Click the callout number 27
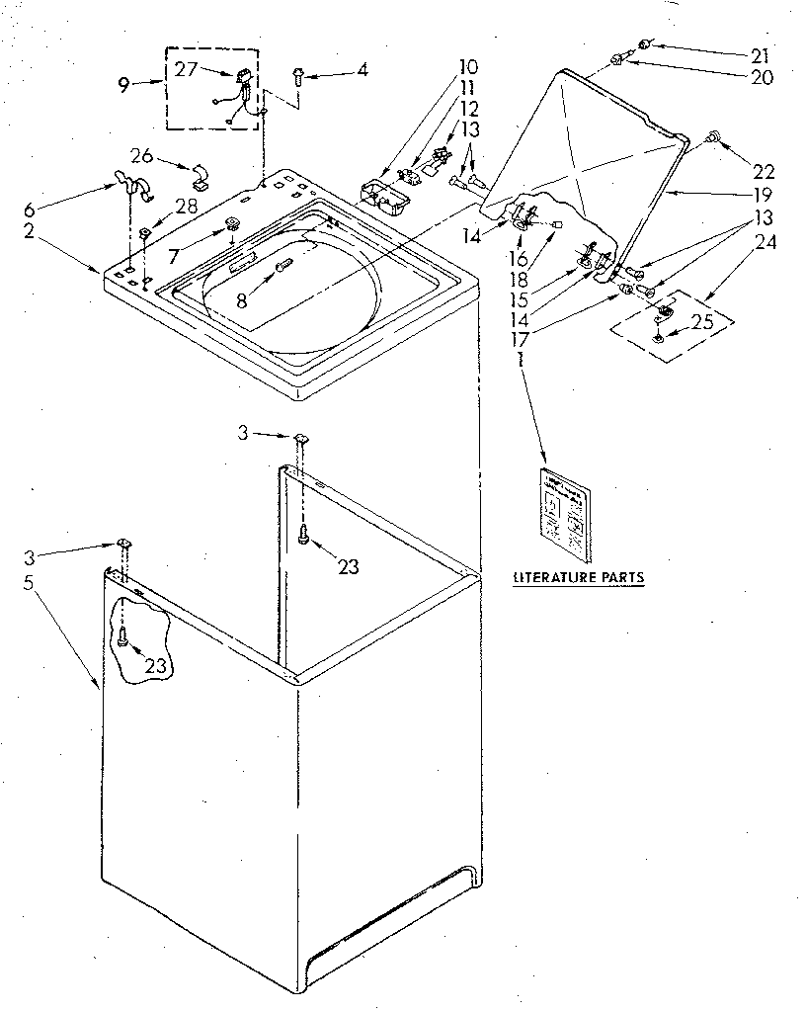(187, 69)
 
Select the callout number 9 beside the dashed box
(124, 85)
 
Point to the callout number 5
(29, 583)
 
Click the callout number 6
(29, 211)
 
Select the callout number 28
(186, 206)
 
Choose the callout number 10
(467, 67)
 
